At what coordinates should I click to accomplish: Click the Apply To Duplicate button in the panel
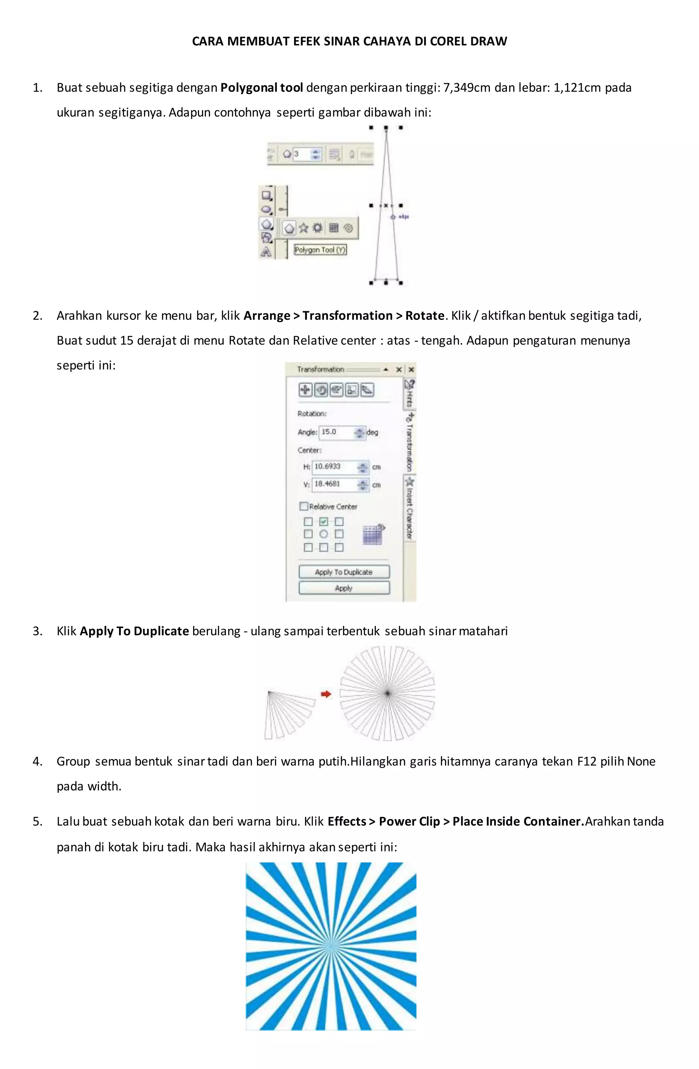coord(344,572)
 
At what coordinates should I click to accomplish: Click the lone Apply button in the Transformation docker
coord(344,588)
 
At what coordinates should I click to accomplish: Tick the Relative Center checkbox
coord(304,506)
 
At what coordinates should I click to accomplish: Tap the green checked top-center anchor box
coord(324,522)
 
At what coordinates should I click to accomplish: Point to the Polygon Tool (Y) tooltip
coord(320,250)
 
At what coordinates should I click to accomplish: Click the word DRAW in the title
coord(488,41)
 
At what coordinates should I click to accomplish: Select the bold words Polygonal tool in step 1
coord(261,88)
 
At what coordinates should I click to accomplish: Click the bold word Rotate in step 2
coord(425,316)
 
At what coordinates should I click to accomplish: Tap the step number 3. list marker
coord(38,631)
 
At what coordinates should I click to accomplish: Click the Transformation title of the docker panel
coord(320,369)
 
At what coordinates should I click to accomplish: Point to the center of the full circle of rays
coord(387,693)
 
